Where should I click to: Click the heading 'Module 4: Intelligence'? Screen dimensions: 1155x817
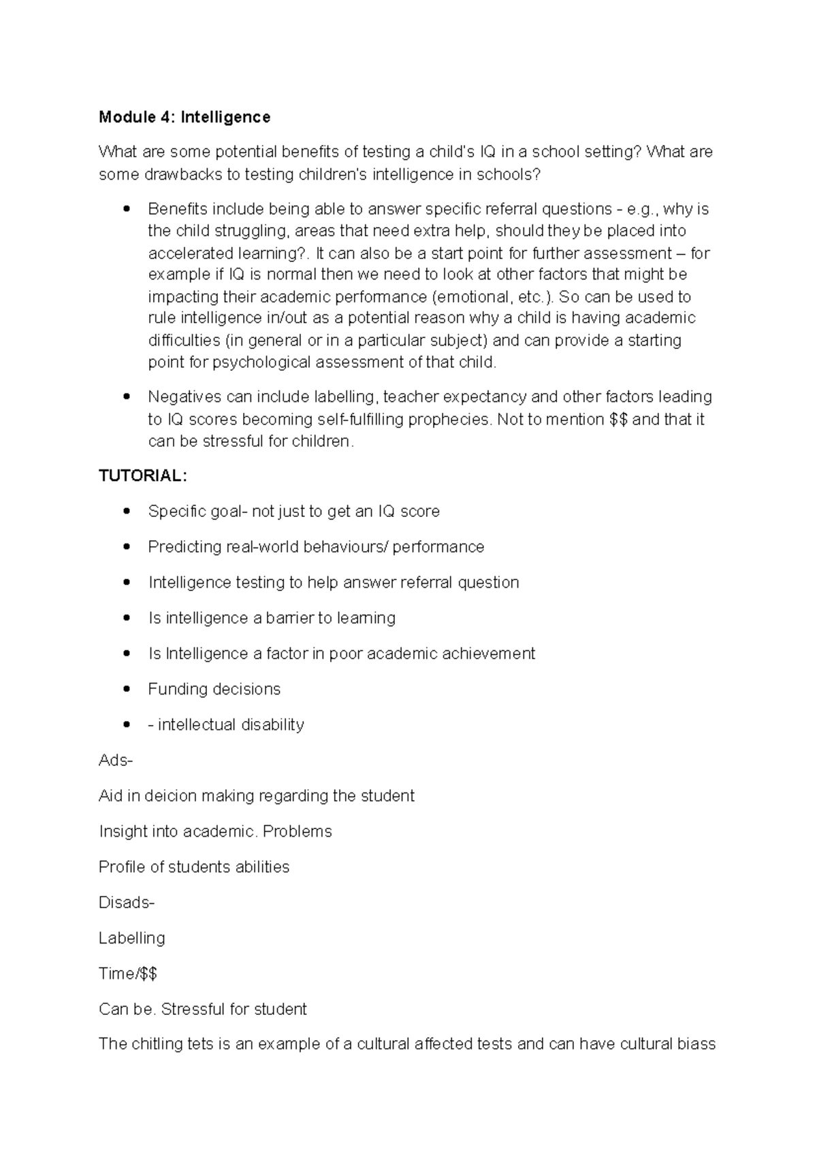[185, 117]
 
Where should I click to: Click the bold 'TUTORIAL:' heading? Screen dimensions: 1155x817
[142, 476]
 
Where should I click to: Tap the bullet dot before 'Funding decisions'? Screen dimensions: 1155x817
[126, 689]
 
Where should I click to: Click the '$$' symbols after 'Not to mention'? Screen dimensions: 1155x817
[618, 419]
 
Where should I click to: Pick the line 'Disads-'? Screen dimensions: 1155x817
[127, 903]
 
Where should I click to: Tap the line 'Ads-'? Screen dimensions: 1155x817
[116, 760]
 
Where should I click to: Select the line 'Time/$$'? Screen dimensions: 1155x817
[128, 973]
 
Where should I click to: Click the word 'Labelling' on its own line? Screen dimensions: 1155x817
[132, 938]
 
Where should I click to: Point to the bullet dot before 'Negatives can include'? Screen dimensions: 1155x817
[126, 397]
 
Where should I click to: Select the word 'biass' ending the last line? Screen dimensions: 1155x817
[696, 1044]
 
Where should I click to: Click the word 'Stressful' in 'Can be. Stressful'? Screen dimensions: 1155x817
[193, 1009]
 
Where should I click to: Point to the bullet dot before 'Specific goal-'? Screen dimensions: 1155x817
[126, 512]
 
